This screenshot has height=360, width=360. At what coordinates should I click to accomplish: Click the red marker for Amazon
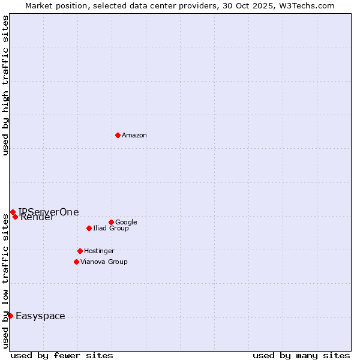click(x=118, y=135)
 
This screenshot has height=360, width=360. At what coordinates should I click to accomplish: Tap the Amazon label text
click(x=134, y=136)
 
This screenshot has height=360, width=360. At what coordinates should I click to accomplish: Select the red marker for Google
click(x=111, y=222)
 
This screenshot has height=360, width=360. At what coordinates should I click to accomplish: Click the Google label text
click(x=126, y=223)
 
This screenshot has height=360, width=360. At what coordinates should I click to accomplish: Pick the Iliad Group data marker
click(x=89, y=228)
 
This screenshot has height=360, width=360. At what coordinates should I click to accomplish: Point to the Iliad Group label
click(x=111, y=229)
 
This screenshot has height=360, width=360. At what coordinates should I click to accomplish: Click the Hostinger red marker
click(x=80, y=251)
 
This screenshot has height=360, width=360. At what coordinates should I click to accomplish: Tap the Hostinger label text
click(x=99, y=251)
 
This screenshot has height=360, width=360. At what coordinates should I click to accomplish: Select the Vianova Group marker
click(x=76, y=262)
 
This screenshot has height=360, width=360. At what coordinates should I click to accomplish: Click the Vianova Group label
click(x=104, y=262)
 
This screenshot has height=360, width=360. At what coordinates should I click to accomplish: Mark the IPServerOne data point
click(x=13, y=212)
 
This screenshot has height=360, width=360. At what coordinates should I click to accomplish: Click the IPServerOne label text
click(x=49, y=212)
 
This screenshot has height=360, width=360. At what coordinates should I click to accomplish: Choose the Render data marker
click(x=15, y=217)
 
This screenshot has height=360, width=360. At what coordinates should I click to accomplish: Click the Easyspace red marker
click(x=10, y=316)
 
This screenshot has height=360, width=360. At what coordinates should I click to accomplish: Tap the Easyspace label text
click(x=40, y=316)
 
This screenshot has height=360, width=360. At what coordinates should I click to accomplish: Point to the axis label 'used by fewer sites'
click(x=62, y=355)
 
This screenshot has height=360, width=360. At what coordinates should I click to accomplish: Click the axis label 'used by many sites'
click(x=301, y=355)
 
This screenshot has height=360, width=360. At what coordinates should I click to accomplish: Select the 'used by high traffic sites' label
click(x=6, y=85)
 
